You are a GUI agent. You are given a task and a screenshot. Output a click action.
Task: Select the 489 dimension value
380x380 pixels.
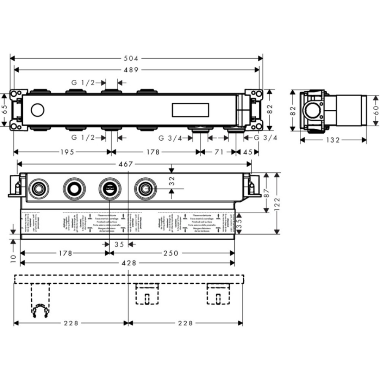click(x=134, y=70)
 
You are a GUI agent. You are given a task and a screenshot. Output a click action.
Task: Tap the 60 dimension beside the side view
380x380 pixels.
click(x=374, y=110)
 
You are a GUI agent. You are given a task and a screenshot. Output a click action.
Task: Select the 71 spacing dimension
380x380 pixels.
click(x=218, y=152)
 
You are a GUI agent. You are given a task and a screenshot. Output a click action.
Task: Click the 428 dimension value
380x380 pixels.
click(x=128, y=263)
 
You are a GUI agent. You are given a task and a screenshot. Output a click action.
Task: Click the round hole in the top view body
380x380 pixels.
click(x=38, y=111)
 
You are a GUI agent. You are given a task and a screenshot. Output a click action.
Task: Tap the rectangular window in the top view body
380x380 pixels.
click(x=190, y=110)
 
